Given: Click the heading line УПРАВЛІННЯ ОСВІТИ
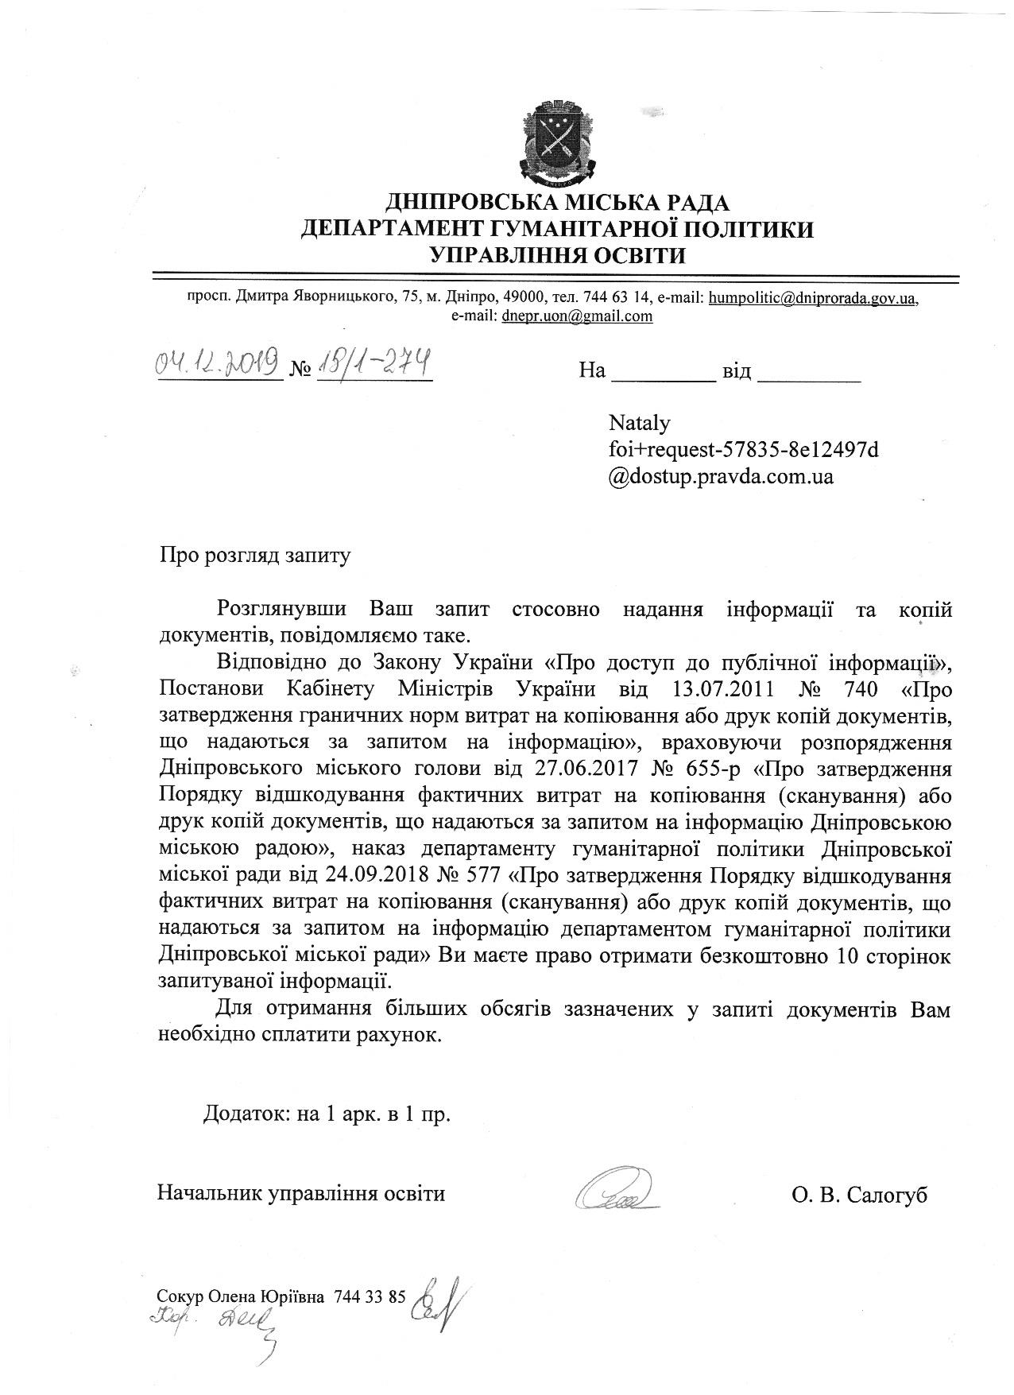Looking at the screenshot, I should click(x=556, y=254).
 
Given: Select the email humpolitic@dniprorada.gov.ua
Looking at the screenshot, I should click(x=812, y=298).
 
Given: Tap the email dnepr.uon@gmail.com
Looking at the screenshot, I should click(x=577, y=316).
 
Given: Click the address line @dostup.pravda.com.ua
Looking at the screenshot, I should click(x=721, y=477).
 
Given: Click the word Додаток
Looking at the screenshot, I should click(x=238, y=1114).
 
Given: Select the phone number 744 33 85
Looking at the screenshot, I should click(x=370, y=1296).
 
